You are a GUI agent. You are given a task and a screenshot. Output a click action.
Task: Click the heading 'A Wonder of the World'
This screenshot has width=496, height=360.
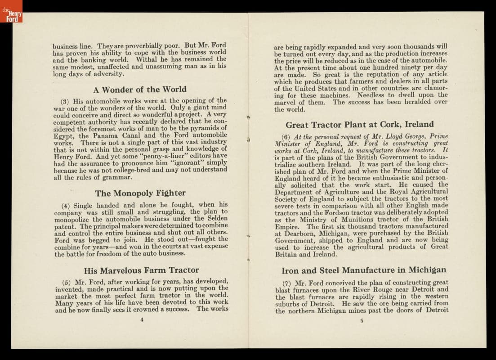(x=139, y=89)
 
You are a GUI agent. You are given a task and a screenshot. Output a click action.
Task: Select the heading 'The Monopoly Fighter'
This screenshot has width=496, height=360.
(x=140, y=193)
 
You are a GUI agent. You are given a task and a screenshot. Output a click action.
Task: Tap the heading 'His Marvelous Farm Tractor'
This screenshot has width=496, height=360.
(x=141, y=270)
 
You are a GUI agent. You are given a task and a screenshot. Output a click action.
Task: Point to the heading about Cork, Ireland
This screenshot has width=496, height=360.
(x=359, y=124)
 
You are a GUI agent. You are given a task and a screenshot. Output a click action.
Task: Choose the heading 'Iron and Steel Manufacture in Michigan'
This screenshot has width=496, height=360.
(x=364, y=270)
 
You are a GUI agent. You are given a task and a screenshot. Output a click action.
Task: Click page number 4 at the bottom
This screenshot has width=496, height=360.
(x=142, y=320)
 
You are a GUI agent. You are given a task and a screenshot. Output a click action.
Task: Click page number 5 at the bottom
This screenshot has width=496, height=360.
(x=362, y=320)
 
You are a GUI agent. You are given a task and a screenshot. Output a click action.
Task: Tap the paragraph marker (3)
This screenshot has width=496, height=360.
(x=65, y=101)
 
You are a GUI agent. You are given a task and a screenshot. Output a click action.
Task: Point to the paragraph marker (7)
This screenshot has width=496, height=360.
(x=286, y=283)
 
